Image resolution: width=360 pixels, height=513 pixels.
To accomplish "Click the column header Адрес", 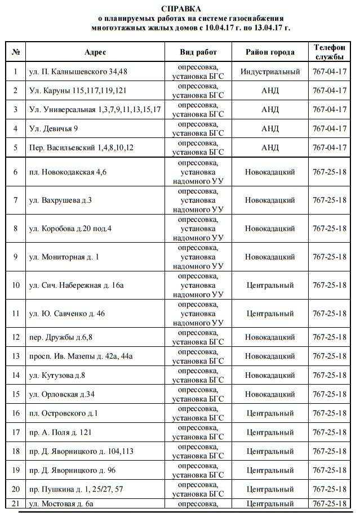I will point(95,52).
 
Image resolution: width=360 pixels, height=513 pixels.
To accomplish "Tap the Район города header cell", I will point(270,52).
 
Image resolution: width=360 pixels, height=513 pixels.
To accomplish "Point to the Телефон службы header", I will point(329,52).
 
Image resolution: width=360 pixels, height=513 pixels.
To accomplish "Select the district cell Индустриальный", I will point(270,72).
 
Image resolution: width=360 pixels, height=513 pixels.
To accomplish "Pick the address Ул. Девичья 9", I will point(54,128).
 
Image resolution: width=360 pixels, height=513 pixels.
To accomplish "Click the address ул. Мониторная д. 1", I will point(64,257).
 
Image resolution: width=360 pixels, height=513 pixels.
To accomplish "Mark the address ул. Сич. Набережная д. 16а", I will point(76,286).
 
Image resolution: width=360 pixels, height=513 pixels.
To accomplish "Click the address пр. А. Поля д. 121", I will point(59,432).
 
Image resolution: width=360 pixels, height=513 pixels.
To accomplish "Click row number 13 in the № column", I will point(16,356).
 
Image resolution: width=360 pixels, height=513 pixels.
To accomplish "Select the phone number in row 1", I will point(329,72).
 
